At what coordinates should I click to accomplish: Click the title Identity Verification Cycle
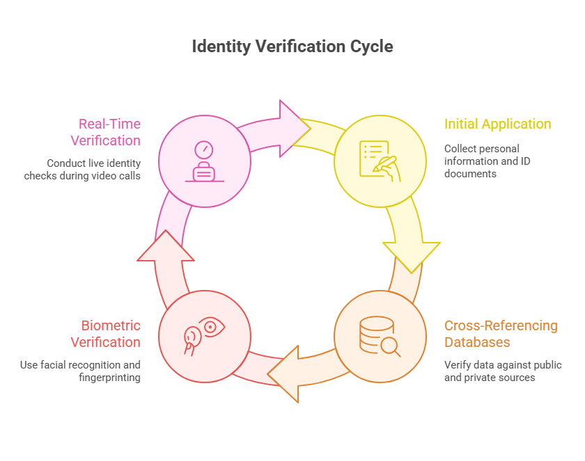[x=292, y=47]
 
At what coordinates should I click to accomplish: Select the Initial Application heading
[x=497, y=124]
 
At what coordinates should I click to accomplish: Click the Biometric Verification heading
[x=105, y=334]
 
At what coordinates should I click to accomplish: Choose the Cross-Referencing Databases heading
[x=501, y=334]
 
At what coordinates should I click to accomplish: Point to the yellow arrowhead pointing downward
[x=412, y=254]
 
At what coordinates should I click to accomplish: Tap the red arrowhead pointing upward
[x=165, y=247]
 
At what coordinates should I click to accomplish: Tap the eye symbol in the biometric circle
[x=212, y=326]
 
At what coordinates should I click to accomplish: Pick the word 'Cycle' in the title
[x=373, y=47]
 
